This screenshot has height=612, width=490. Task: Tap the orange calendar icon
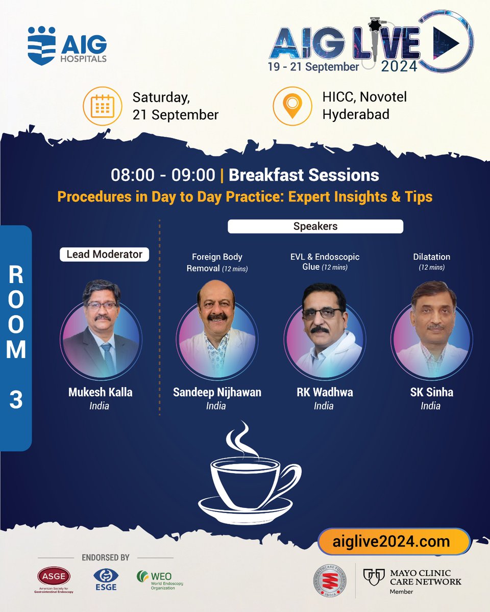pos(102,106)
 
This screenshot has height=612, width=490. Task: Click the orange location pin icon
pos(292,106)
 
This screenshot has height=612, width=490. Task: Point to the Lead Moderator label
pos(105,254)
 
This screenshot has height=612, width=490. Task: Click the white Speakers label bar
pos(315,226)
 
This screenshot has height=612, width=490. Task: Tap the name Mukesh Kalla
pos(100,392)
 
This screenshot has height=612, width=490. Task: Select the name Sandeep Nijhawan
pos(217,392)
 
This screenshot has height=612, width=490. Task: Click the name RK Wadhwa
pos(324,392)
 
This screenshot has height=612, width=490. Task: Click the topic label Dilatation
pos(431,257)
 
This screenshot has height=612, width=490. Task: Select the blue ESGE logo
pos(105,579)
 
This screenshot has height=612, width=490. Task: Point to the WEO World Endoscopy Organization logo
pos(159,579)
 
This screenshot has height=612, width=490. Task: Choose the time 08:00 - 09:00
pos(163,175)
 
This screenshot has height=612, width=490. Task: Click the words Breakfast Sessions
pos(304,175)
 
